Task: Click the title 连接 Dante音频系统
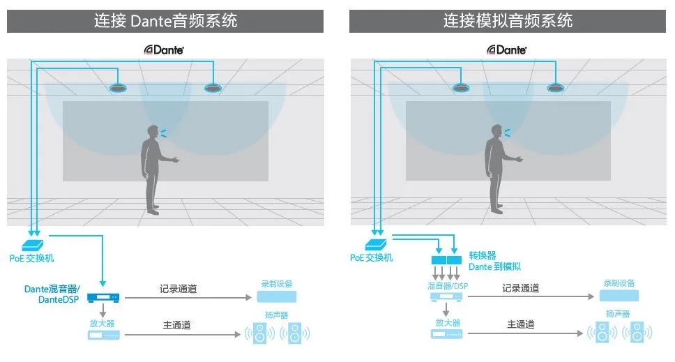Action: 165,21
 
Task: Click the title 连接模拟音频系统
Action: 508,21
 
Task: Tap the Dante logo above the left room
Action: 164,50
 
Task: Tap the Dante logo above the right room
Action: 507,50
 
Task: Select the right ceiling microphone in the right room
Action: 556,89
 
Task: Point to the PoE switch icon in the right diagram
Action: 376,244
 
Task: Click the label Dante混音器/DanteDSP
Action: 52,294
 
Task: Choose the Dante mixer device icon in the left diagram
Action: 103,299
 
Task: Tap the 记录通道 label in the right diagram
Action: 520,287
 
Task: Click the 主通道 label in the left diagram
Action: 177,324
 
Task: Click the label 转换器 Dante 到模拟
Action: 494,261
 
